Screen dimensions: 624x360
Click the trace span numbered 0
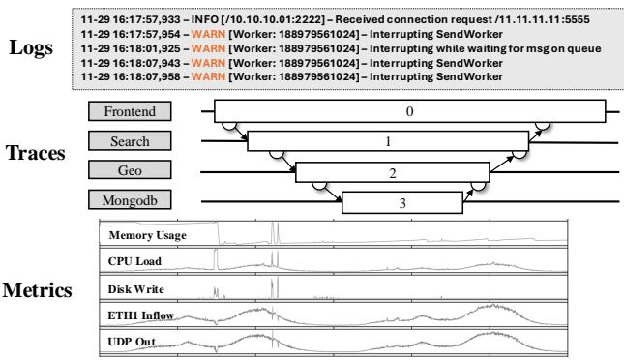click(409, 112)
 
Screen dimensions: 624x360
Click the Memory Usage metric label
click(147, 236)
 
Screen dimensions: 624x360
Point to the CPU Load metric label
click(135, 261)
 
